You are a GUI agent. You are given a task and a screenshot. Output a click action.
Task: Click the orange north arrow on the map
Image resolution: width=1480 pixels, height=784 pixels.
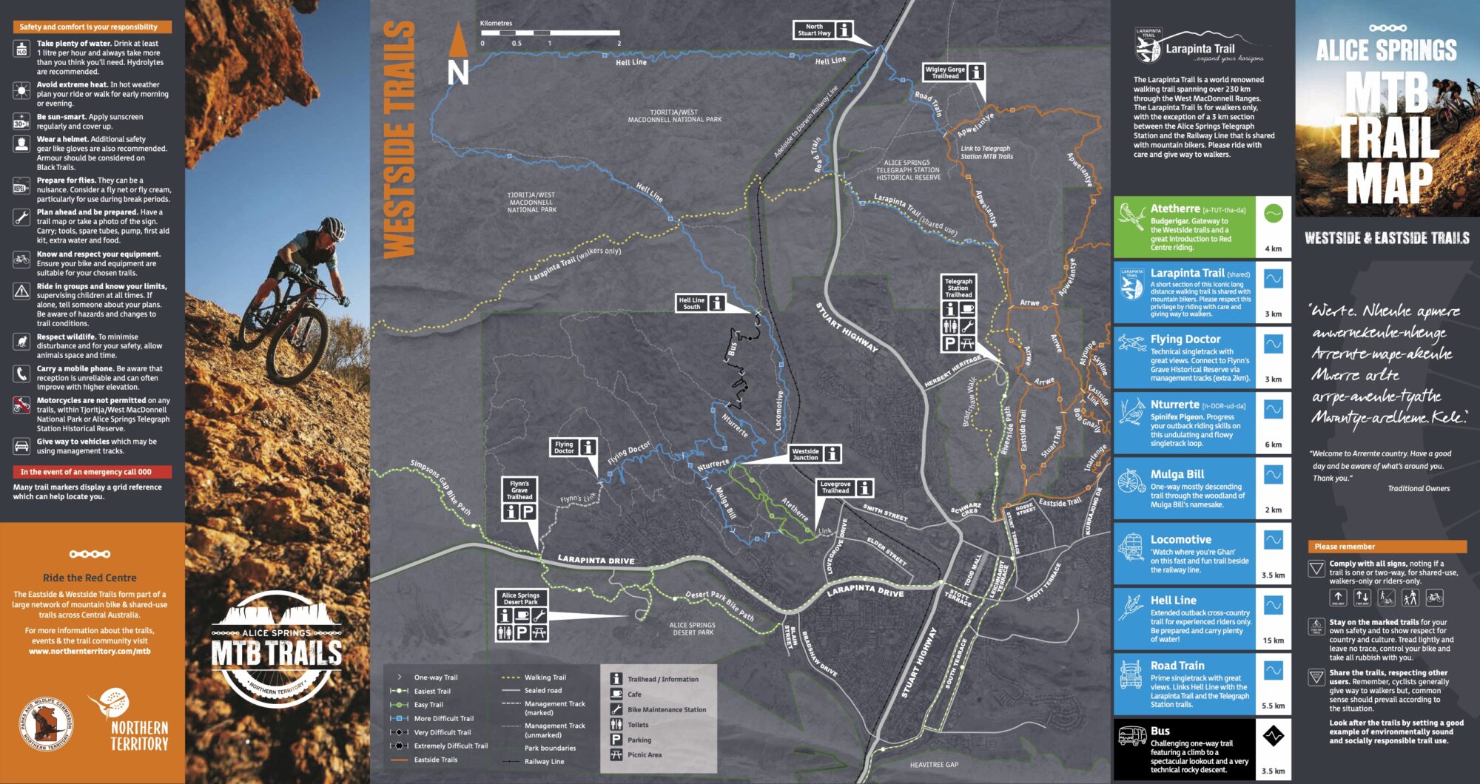(x=459, y=41)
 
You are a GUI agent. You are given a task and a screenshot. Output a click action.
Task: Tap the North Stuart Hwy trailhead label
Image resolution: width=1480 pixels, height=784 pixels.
(x=814, y=30)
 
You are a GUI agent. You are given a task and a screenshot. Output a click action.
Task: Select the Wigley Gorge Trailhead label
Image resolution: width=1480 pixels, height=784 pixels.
(x=945, y=72)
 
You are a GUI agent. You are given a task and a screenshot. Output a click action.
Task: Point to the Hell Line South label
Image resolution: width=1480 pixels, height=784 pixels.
(x=692, y=303)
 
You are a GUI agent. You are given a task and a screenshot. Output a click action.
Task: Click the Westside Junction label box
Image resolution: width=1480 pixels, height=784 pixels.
(x=806, y=454)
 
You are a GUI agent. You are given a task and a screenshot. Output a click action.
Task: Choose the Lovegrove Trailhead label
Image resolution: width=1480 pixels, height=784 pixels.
(x=835, y=487)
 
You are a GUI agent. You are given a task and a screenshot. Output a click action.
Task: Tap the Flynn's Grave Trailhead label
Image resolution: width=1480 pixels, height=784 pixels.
(x=519, y=490)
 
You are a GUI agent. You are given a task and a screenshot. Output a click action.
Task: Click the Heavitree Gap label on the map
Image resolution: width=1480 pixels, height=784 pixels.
(x=934, y=765)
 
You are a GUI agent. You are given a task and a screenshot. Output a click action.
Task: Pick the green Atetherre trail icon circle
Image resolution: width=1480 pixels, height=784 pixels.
(x=1273, y=214)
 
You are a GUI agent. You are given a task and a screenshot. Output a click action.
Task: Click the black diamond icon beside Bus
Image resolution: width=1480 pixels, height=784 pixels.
(x=1273, y=736)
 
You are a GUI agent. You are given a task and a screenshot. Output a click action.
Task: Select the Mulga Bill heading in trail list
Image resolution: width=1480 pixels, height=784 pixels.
(x=1177, y=474)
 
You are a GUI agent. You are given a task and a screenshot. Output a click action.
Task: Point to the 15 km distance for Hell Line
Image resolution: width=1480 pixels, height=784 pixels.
(x=1273, y=641)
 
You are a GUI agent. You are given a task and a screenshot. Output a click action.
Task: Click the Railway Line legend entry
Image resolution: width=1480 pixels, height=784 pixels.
(x=544, y=761)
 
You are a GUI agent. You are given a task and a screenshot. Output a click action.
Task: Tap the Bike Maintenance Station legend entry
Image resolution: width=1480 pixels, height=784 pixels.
(x=666, y=709)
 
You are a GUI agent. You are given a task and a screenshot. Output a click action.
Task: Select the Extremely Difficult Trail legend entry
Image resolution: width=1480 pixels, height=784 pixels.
(x=450, y=746)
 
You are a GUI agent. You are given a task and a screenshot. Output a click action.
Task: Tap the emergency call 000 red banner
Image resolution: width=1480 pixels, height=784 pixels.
(x=92, y=472)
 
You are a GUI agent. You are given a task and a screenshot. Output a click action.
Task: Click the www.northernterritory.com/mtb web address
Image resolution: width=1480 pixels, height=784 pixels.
(x=90, y=652)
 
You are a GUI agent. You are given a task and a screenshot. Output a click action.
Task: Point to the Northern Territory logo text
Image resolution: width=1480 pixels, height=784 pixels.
(x=139, y=735)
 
